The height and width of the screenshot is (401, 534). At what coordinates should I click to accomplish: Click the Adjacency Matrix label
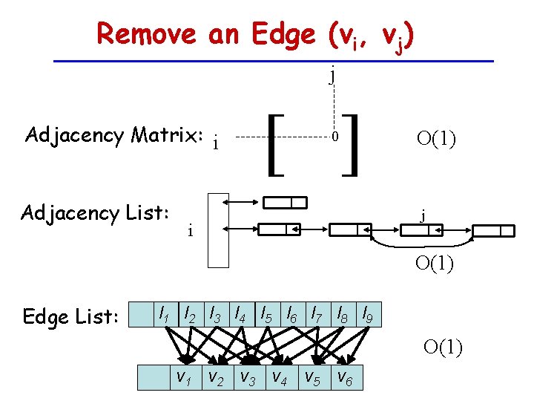coord(113,135)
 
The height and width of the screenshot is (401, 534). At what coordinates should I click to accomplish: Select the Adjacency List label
coord(96,213)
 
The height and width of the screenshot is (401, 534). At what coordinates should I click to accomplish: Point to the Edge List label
coord(70,317)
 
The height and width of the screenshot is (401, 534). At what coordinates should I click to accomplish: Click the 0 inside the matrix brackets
coord(335,138)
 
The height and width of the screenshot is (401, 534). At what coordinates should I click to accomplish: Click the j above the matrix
coord(333,74)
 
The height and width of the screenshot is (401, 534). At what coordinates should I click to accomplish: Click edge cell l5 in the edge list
coord(266,314)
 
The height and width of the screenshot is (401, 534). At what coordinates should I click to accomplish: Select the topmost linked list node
coord(286,203)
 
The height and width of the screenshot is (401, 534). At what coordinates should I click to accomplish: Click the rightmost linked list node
coord(492,230)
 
